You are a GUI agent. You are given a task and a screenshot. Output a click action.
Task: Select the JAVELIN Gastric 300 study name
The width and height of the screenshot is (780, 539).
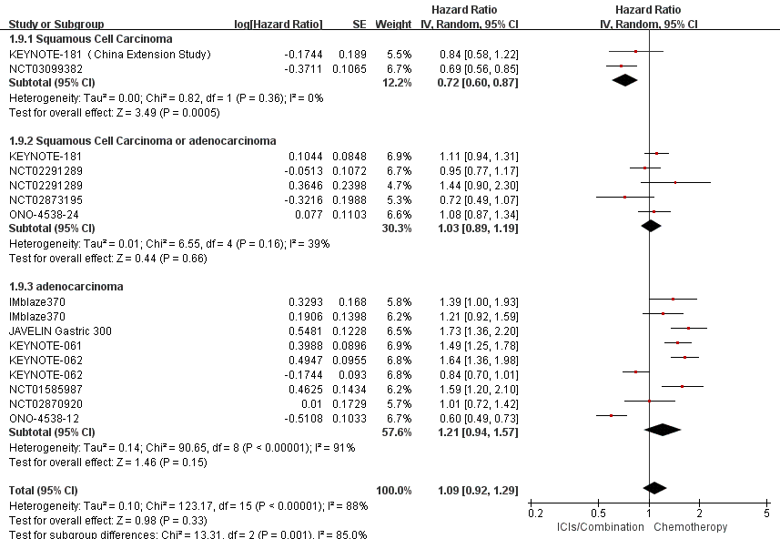(x=60, y=331)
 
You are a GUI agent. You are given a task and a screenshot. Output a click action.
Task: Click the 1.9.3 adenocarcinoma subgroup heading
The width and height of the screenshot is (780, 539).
(x=66, y=286)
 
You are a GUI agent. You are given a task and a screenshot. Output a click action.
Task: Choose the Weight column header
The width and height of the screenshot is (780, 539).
(x=393, y=23)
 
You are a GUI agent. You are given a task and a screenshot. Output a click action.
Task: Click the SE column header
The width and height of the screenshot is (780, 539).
(x=359, y=23)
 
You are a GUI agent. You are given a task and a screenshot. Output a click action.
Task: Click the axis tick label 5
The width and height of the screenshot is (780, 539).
(x=765, y=514)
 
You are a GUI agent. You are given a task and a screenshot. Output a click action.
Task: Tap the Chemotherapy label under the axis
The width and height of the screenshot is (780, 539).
(x=690, y=527)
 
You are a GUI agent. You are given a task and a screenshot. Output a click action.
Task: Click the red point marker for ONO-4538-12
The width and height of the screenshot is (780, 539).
(x=611, y=415)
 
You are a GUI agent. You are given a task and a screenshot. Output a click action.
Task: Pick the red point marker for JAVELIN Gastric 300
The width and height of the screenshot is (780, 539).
(x=688, y=328)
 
